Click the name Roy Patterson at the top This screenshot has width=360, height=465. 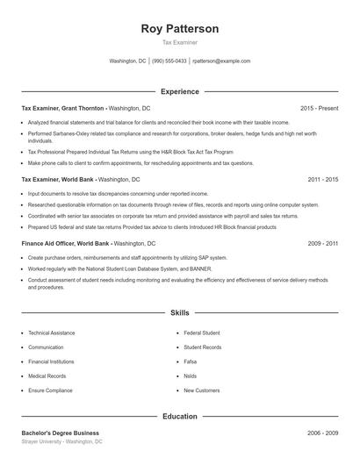(180, 28)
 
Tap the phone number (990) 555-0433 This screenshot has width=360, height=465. (169, 61)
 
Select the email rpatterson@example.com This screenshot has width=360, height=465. (221, 61)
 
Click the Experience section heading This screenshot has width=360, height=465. (180, 91)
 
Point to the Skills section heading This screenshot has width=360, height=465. (180, 312)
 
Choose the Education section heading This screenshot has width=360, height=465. (180, 417)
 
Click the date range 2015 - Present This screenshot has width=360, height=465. (319, 108)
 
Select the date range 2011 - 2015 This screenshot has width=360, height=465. (323, 179)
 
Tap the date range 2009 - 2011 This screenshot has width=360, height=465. (323, 242)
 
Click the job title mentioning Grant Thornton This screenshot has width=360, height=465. (62, 108)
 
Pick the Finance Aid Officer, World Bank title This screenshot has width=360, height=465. (64, 242)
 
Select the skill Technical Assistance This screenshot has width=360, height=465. (52, 333)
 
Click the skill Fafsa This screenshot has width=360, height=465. (192, 361)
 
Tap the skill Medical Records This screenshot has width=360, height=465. (47, 376)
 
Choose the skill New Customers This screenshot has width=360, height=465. (201, 390)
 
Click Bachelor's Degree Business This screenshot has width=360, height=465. (60, 433)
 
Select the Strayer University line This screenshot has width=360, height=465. (61, 442)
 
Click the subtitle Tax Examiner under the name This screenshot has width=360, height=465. (180, 42)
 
